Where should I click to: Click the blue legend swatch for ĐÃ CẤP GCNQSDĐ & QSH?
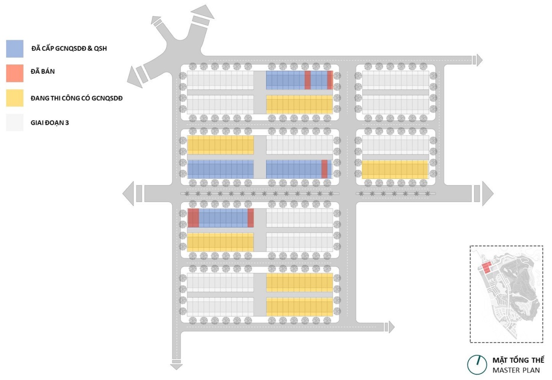[x=15, y=49]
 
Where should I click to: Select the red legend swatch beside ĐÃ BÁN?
[x=15, y=73]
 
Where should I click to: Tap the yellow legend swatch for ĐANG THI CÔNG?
[x=15, y=98]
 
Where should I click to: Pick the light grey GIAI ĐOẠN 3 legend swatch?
[x=15, y=122]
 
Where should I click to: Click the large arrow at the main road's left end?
[x=129, y=194]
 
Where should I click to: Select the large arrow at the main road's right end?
[x=487, y=194]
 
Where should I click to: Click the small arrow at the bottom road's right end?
[x=390, y=327]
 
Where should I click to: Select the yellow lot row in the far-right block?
[x=395, y=170]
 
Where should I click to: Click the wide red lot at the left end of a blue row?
[x=193, y=218]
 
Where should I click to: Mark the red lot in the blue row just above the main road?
[x=324, y=169]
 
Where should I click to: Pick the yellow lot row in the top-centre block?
[x=299, y=104]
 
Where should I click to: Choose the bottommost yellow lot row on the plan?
[x=299, y=307]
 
